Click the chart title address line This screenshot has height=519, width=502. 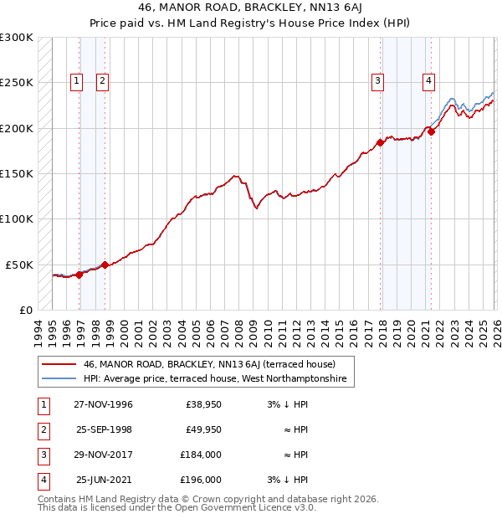[x=250, y=9]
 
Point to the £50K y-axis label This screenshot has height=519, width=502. [x=20, y=265]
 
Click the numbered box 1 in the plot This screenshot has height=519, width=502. [x=76, y=81]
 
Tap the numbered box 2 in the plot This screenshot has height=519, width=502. [x=102, y=81]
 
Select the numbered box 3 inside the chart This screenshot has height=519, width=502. [x=378, y=81]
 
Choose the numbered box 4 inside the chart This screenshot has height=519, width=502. [x=428, y=81]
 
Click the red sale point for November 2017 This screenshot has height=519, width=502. [x=380, y=142]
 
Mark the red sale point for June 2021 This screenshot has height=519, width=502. [x=432, y=131]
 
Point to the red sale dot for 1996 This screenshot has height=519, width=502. [x=79, y=274]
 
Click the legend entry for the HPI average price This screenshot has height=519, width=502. [x=214, y=380]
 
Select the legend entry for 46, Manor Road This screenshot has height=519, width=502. [x=209, y=365]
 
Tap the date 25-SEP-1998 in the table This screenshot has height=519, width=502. [x=104, y=429]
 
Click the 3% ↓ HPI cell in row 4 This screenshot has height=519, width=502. [x=288, y=480]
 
